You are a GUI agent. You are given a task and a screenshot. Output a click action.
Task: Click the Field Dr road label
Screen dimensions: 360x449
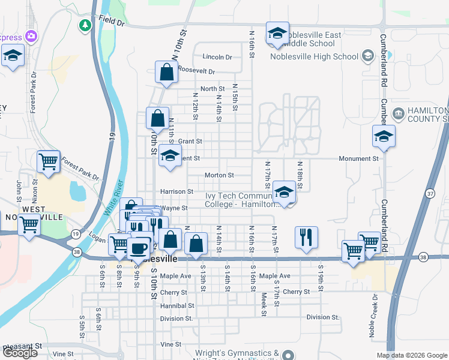(112, 22)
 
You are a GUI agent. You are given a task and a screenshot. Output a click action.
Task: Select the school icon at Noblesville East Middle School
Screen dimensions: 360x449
(277, 34)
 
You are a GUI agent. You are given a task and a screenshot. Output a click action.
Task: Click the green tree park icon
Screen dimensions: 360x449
(85, 25)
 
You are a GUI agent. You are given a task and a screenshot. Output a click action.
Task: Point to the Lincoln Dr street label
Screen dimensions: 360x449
(217, 57)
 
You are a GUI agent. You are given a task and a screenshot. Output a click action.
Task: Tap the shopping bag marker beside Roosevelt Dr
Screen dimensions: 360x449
(166, 73)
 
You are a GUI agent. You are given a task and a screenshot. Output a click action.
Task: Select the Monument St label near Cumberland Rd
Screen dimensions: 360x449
(359, 159)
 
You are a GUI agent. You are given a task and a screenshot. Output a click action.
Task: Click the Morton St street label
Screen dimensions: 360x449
(219, 175)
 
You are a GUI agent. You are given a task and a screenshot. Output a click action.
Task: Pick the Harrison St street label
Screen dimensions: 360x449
(176, 191)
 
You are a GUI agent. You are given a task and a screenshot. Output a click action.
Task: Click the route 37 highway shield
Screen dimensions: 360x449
(429, 193)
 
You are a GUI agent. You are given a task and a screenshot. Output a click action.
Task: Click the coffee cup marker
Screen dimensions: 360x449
(138, 247)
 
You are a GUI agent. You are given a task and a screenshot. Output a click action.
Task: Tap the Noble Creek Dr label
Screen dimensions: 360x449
(373, 314)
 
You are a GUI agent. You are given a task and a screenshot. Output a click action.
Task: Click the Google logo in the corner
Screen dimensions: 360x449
(20, 353)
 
